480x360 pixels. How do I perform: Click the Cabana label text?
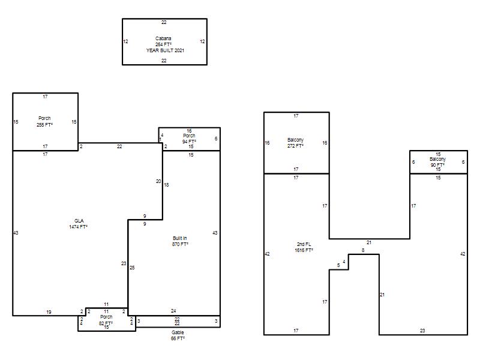(x=163, y=38)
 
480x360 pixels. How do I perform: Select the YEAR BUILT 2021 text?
(x=165, y=50)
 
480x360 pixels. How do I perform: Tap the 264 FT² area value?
(x=163, y=44)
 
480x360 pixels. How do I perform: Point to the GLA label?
(x=79, y=221)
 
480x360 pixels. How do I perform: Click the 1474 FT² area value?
(x=79, y=227)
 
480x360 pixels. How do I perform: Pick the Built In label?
(x=179, y=238)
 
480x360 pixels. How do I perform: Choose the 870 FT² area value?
(x=180, y=244)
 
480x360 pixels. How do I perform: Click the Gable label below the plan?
(x=178, y=332)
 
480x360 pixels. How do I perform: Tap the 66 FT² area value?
(x=178, y=338)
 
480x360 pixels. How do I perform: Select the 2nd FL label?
(x=304, y=244)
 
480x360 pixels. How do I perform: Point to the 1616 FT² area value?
(x=304, y=250)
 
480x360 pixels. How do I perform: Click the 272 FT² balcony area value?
(x=295, y=146)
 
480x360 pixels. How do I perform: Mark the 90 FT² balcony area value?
(x=438, y=165)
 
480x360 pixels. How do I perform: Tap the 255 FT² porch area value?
(x=44, y=125)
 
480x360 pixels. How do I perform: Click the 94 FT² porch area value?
(x=189, y=142)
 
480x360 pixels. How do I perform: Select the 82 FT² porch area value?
(x=106, y=323)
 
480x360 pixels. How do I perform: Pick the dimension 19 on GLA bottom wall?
(x=49, y=312)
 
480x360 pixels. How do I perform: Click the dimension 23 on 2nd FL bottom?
(x=422, y=331)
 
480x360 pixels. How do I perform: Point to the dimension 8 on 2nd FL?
(x=363, y=250)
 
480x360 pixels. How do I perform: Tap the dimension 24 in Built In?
(x=173, y=311)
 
